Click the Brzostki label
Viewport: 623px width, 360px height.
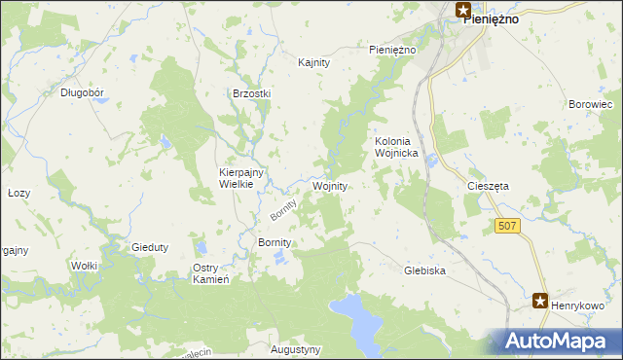click(x=251, y=93)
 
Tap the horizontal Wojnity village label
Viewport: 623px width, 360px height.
click(x=330, y=185)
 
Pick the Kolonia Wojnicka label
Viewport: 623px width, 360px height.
click(x=396, y=147)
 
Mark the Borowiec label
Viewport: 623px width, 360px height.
click(x=590, y=103)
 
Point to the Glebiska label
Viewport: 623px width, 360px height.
click(x=424, y=271)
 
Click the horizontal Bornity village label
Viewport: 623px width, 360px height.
click(x=274, y=241)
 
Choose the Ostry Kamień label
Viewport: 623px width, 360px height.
click(x=210, y=273)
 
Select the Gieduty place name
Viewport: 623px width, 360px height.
click(x=150, y=247)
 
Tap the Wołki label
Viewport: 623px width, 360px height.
click(x=83, y=265)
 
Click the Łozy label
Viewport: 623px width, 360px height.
click(x=18, y=193)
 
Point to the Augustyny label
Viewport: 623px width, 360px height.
click(x=296, y=348)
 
